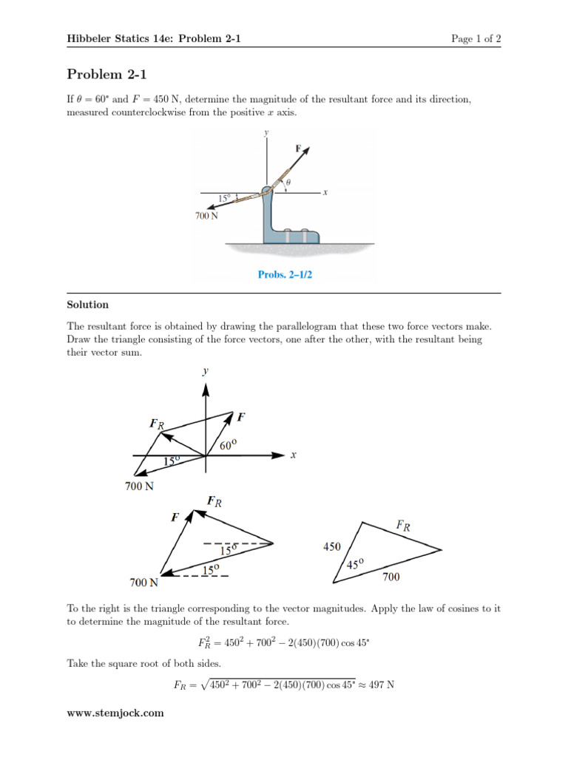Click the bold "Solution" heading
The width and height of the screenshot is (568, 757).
87,305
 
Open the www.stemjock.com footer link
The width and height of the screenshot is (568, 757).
115,713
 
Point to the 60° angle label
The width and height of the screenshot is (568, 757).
229,445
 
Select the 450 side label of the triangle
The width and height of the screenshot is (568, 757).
331,547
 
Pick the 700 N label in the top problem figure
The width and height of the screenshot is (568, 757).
207,216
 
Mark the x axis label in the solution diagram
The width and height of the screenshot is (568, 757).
294,455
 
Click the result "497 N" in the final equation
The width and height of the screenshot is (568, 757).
381,685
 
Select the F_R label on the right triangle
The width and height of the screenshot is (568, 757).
403,526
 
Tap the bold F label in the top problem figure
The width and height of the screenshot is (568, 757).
299,149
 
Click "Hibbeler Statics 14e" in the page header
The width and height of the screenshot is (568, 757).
121,38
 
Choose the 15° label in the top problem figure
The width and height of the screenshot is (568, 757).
224,197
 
